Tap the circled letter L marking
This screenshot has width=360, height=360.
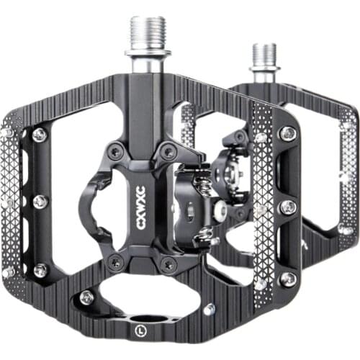138,333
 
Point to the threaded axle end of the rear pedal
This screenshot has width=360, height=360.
264,54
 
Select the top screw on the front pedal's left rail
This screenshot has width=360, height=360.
39,134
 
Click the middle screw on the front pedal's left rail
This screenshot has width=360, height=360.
41,202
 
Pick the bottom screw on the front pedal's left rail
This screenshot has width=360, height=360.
40,270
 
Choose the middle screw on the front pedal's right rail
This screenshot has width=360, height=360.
288,207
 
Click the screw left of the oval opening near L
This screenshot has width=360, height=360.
86,296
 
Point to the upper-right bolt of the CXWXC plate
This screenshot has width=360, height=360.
168,151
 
